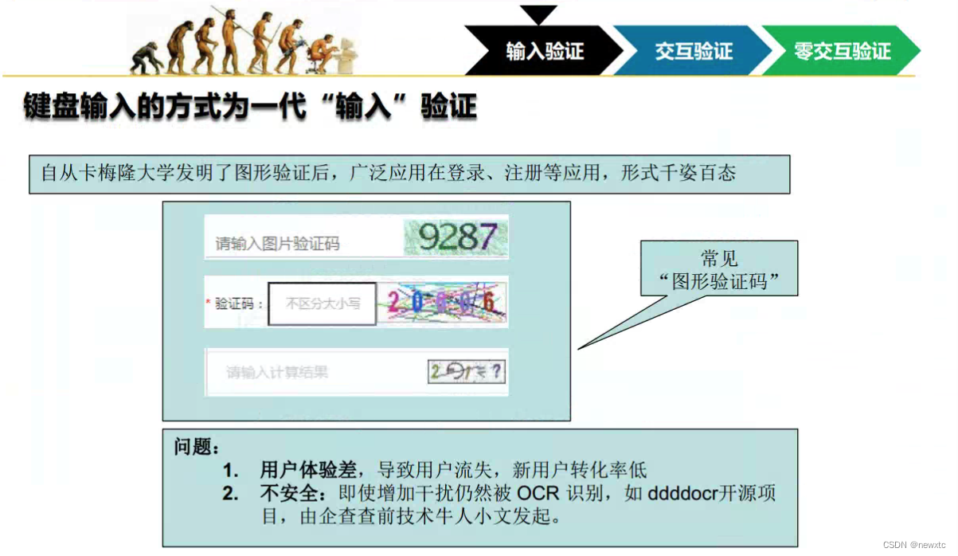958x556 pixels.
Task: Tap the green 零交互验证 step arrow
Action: [841, 52]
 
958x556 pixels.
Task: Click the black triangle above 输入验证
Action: [538, 14]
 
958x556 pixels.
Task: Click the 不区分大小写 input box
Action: [322, 303]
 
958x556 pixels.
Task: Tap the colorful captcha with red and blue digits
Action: [442, 303]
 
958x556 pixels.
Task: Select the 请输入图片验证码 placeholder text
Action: [277, 244]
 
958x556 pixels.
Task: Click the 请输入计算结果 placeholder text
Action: [277, 372]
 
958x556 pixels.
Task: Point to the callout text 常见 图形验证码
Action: [719, 269]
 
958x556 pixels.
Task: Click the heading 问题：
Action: [196, 447]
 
